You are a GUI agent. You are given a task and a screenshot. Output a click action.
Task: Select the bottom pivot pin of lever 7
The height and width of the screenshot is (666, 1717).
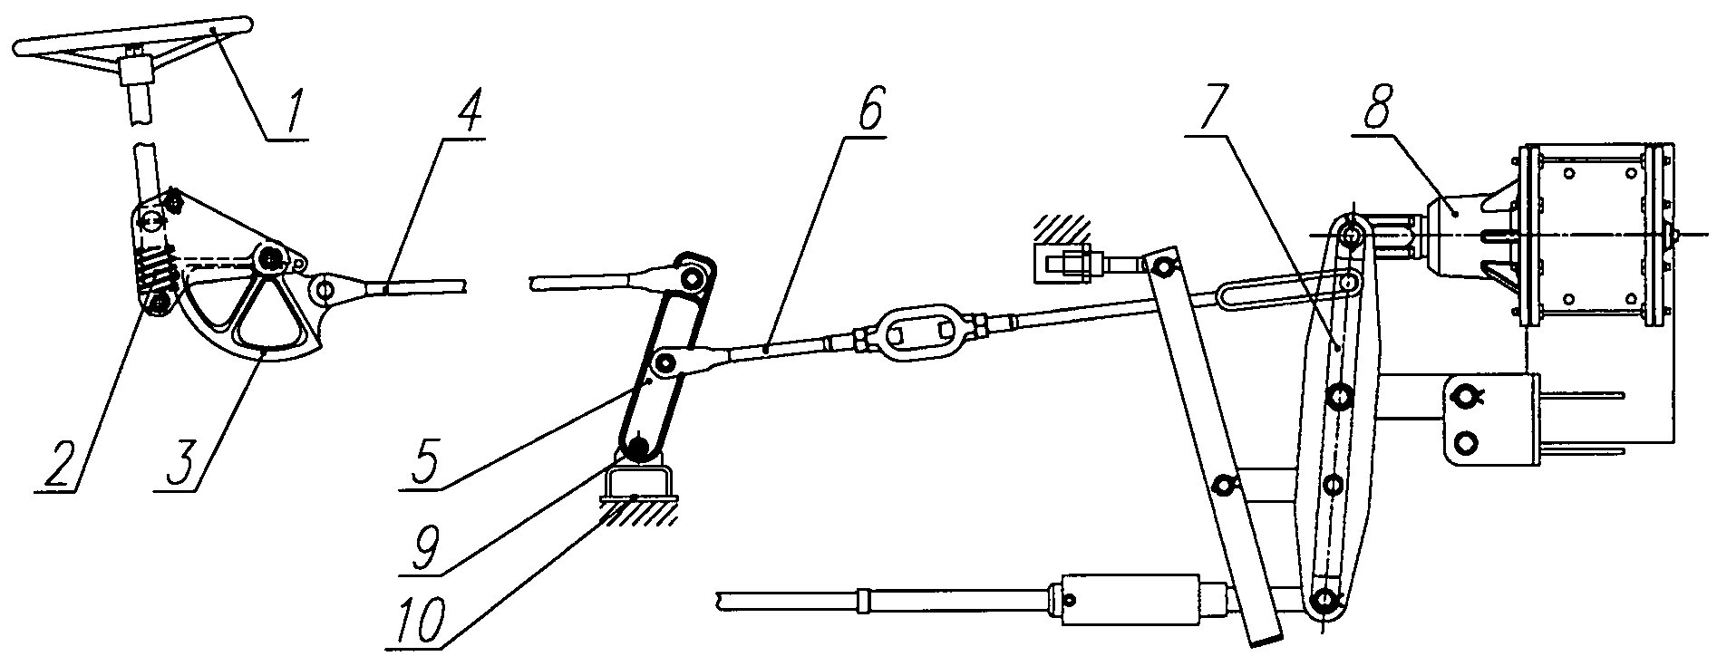(1325, 599)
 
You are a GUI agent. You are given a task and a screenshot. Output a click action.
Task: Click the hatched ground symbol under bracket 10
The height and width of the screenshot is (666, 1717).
(639, 509)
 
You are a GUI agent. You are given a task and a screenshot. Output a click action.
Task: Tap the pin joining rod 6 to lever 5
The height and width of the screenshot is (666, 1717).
(665, 364)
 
